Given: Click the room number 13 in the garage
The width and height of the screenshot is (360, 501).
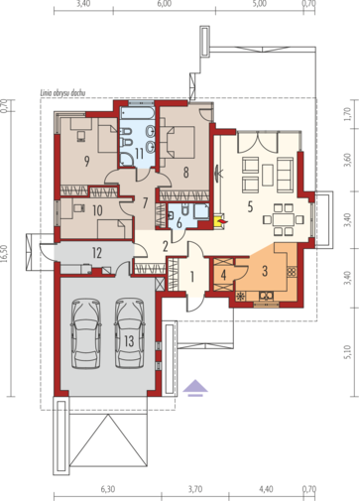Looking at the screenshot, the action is [x=129, y=341].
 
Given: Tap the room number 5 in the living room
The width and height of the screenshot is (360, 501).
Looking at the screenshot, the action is [x=250, y=207].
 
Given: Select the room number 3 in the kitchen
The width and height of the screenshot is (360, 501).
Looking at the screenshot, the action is [x=265, y=271].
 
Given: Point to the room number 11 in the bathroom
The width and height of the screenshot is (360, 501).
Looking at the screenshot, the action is [x=139, y=154].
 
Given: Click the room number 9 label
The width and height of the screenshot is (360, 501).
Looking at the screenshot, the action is [x=86, y=161].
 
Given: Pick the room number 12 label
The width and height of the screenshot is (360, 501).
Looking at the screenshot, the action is [x=97, y=253].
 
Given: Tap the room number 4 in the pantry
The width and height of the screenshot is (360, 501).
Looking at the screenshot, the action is [x=224, y=275].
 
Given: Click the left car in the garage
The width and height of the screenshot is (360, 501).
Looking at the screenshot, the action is [x=85, y=333].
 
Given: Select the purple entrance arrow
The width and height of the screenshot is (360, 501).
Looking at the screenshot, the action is [x=195, y=388].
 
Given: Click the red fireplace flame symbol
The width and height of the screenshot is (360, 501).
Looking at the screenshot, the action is [x=223, y=221].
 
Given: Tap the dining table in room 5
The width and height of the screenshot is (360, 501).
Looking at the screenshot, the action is [x=284, y=219].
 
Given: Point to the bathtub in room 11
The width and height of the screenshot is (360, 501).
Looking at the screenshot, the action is [x=137, y=113].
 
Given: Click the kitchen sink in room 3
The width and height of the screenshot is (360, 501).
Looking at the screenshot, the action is [x=266, y=296].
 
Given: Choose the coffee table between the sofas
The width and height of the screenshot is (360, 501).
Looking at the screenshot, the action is [x=268, y=175].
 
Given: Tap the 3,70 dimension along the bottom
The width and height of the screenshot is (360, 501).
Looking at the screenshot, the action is [x=195, y=489].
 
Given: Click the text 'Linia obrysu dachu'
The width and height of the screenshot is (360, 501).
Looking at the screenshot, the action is [x=62, y=93].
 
